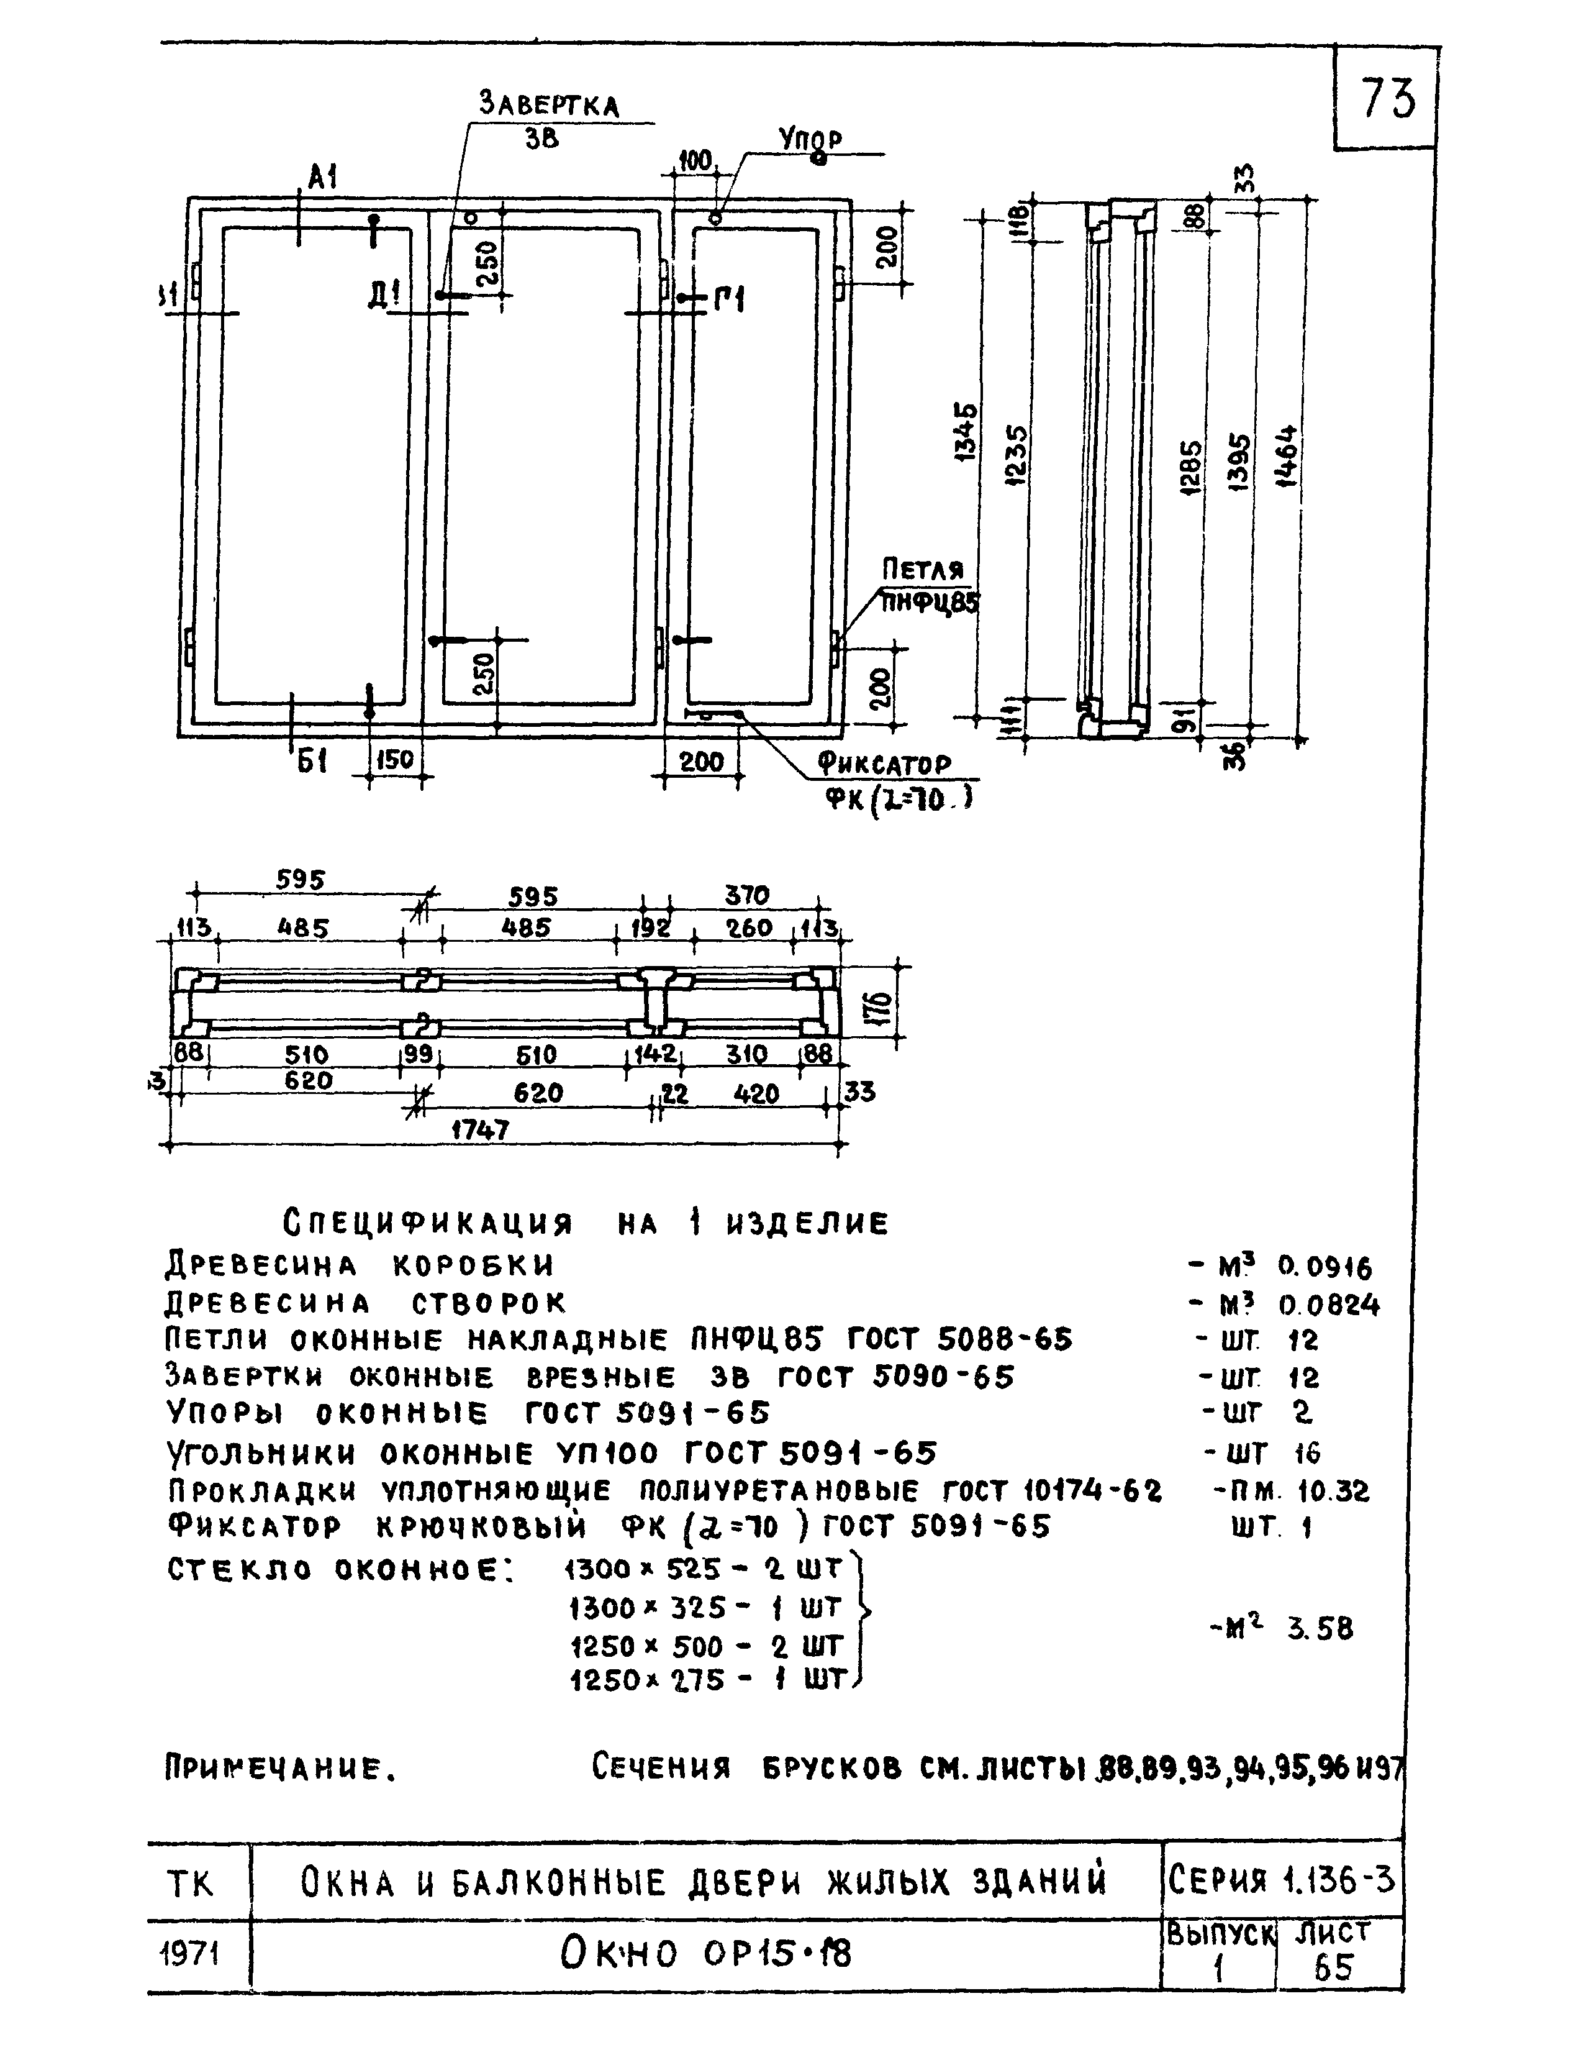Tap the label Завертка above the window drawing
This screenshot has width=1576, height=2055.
pyautogui.click(x=550, y=103)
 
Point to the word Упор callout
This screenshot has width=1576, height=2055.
pyautogui.click(x=810, y=139)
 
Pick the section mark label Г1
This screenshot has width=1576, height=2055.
pyautogui.click(x=729, y=300)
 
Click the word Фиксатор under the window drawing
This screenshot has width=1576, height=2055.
pyautogui.click(x=884, y=764)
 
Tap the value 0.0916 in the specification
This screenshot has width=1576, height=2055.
pyautogui.click(x=1325, y=1269)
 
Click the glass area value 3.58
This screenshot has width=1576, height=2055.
pyautogui.click(x=1320, y=1629)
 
